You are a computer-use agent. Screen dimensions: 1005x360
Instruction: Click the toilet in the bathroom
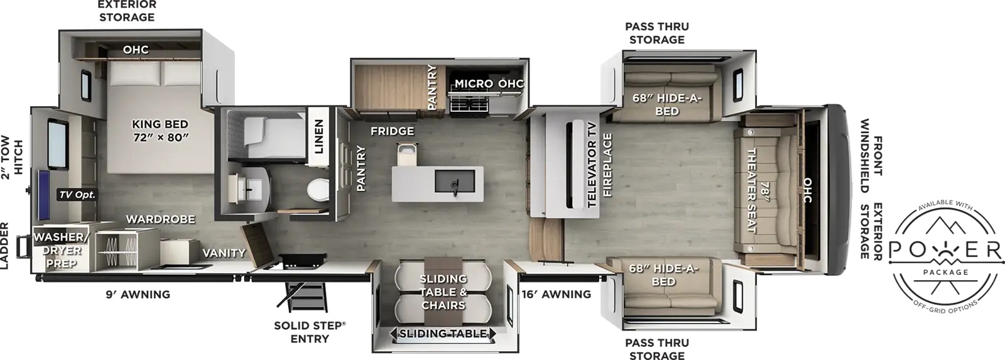pyautogui.click(x=318, y=190)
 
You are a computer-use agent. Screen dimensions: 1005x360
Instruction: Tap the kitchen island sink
pyautogui.click(x=455, y=183)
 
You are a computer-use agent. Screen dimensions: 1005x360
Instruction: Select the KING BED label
pyautogui.click(x=160, y=124)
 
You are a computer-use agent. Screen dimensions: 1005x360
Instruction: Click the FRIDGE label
pyautogui.click(x=392, y=131)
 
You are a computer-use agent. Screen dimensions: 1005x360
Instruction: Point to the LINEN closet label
pyautogui.click(x=318, y=136)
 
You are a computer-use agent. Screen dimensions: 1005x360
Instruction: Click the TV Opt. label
pyautogui.click(x=77, y=195)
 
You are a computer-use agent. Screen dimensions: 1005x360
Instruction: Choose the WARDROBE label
pyautogui.click(x=161, y=219)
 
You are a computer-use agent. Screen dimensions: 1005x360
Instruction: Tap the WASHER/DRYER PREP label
pyautogui.click(x=61, y=250)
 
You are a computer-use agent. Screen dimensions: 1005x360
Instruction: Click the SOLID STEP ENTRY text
pyautogui.click(x=310, y=332)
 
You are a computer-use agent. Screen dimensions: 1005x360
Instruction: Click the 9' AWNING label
pyautogui.click(x=138, y=295)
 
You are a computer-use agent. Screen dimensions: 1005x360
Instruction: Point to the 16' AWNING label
pyautogui.click(x=557, y=295)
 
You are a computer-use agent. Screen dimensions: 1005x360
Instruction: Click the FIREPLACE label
pyautogui.click(x=607, y=165)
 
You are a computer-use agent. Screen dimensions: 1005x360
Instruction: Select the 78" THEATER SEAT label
pyautogui.click(x=758, y=190)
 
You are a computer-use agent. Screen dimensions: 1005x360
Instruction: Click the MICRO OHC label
pyautogui.click(x=489, y=84)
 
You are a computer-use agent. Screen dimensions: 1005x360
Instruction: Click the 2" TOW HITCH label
pyautogui.click(x=11, y=157)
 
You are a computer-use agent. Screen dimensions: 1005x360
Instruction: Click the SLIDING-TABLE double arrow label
pyautogui.click(x=443, y=334)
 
